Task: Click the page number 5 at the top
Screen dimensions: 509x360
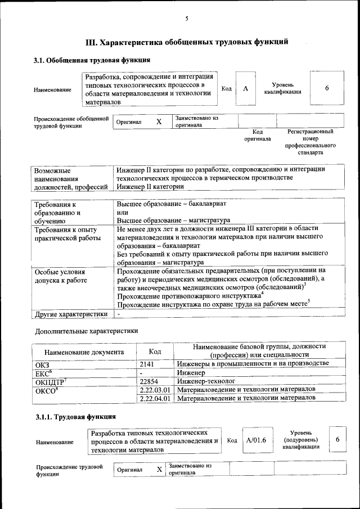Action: [x=186, y=19]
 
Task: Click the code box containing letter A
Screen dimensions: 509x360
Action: [x=245, y=89]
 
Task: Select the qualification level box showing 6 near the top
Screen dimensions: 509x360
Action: [x=326, y=88]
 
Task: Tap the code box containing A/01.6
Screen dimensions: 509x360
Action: [x=255, y=440]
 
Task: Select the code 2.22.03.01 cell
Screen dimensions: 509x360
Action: [x=155, y=389]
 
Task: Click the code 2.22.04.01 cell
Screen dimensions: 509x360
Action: [x=155, y=398]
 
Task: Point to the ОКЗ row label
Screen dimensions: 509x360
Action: [x=43, y=364]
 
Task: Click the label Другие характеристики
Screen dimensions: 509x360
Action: [x=71, y=314]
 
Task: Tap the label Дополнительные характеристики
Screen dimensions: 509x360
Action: [x=86, y=331]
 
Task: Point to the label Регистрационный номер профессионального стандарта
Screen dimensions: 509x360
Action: [x=310, y=142]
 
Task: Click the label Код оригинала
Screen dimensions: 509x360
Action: [x=257, y=135]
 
